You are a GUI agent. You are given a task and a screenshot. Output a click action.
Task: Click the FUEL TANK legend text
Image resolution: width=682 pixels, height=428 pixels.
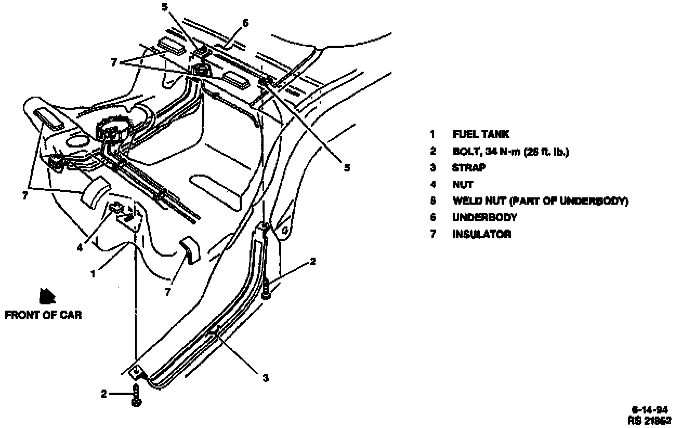pyautogui.click(x=480, y=135)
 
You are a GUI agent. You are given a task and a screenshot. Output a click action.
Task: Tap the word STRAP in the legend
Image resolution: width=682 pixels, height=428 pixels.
pyautogui.click(x=469, y=168)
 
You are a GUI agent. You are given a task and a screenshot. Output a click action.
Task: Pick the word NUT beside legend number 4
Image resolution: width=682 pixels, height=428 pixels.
pyautogui.click(x=463, y=184)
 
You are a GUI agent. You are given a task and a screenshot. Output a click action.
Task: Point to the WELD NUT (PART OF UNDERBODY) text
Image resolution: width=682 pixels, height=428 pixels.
pyautogui.click(x=540, y=201)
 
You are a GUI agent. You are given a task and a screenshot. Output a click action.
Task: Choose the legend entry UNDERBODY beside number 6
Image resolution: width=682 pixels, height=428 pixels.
pyautogui.click(x=484, y=218)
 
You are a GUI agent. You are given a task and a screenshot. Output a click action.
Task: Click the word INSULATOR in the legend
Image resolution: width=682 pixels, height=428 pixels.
pyautogui.click(x=481, y=234)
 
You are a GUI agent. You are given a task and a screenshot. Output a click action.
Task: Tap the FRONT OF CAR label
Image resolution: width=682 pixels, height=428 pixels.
pyautogui.click(x=43, y=315)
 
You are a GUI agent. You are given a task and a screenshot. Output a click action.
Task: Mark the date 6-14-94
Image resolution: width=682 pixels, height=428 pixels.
pyautogui.click(x=652, y=409)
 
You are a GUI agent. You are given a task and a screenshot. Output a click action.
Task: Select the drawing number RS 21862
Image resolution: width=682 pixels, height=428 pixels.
pyautogui.click(x=650, y=419)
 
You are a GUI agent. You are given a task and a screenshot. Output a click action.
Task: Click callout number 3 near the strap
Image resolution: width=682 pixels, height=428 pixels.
pyautogui.click(x=266, y=378)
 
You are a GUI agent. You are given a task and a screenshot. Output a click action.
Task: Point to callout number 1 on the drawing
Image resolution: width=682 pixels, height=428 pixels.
pyautogui.click(x=93, y=274)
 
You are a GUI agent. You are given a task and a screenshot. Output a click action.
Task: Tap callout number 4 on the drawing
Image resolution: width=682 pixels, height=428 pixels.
pyautogui.click(x=80, y=248)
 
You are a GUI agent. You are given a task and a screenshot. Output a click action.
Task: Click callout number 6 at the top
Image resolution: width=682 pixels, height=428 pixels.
pyautogui.click(x=245, y=23)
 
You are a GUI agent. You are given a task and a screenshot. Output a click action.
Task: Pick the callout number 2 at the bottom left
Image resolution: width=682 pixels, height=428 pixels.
pyautogui.click(x=104, y=394)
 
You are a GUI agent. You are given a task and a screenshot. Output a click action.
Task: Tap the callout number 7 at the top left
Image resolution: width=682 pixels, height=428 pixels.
pyautogui.click(x=114, y=62)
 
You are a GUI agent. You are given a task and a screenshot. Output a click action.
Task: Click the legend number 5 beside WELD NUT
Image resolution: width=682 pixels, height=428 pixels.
pyautogui.click(x=432, y=201)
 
